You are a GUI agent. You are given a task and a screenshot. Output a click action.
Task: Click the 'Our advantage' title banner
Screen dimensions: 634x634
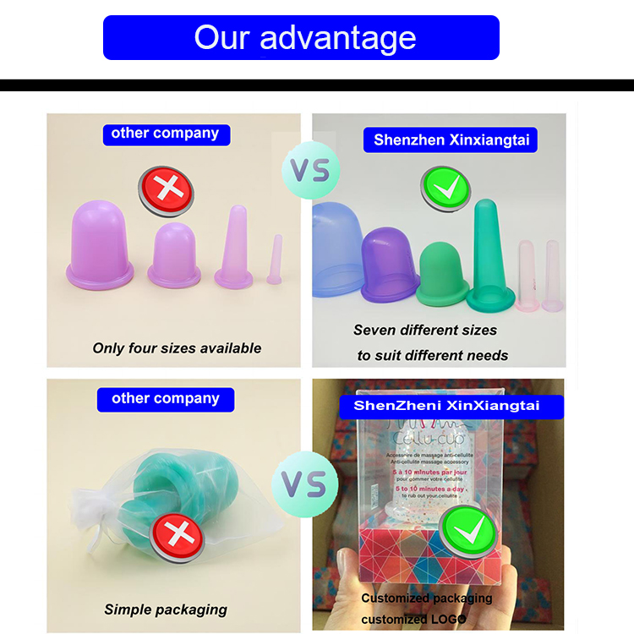click(x=301, y=37)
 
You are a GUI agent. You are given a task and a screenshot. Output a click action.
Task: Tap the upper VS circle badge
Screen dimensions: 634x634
click(x=309, y=169)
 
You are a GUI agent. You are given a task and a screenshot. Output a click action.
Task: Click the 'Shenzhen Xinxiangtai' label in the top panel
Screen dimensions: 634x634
click(x=451, y=139)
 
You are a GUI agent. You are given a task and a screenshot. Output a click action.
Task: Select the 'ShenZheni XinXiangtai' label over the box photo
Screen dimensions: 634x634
click(x=445, y=406)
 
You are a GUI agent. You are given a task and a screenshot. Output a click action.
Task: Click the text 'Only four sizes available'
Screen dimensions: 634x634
click(x=177, y=347)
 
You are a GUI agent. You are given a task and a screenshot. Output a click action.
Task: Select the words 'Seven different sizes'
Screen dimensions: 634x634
click(x=425, y=330)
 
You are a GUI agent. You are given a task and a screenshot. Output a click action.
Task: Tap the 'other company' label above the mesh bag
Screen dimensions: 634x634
click(x=165, y=398)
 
